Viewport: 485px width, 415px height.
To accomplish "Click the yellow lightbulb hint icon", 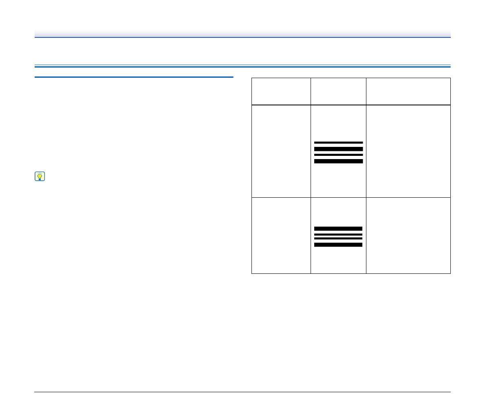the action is (x=40, y=176).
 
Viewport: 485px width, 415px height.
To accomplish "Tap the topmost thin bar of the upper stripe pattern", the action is (x=338, y=142).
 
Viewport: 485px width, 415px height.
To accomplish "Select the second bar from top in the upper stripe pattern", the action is (x=338, y=149).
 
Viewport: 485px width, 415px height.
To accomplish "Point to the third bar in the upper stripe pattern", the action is (x=338, y=155).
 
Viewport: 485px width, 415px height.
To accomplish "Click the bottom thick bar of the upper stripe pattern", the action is (x=338, y=162).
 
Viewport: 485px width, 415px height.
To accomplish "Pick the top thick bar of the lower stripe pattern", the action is (x=338, y=229).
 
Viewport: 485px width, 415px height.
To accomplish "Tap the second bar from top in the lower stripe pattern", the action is (x=338, y=235).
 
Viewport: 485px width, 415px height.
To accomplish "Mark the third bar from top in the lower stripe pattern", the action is (x=338, y=239).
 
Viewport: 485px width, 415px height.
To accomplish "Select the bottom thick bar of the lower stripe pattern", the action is (x=338, y=245).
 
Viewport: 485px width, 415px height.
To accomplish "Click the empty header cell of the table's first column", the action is (x=281, y=92).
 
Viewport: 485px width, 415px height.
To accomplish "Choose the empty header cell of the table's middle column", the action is (x=338, y=92).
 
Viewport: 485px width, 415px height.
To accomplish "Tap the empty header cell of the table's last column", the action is (x=408, y=92).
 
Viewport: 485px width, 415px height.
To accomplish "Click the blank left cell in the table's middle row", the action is (x=281, y=151).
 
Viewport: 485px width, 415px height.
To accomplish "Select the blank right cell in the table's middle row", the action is (x=408, y=151).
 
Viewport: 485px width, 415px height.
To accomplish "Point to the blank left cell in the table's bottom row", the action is (x=281, y=236).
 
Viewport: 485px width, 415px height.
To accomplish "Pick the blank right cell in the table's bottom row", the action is (x=408, y=236).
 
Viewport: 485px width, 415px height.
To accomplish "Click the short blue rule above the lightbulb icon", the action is (x=134, y=77).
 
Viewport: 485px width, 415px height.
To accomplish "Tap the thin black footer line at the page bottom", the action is (x=242, y=392).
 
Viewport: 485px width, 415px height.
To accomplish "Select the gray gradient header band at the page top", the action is (x=242, y=33).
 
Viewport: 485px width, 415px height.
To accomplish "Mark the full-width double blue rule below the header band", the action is (x=242, y=66).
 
